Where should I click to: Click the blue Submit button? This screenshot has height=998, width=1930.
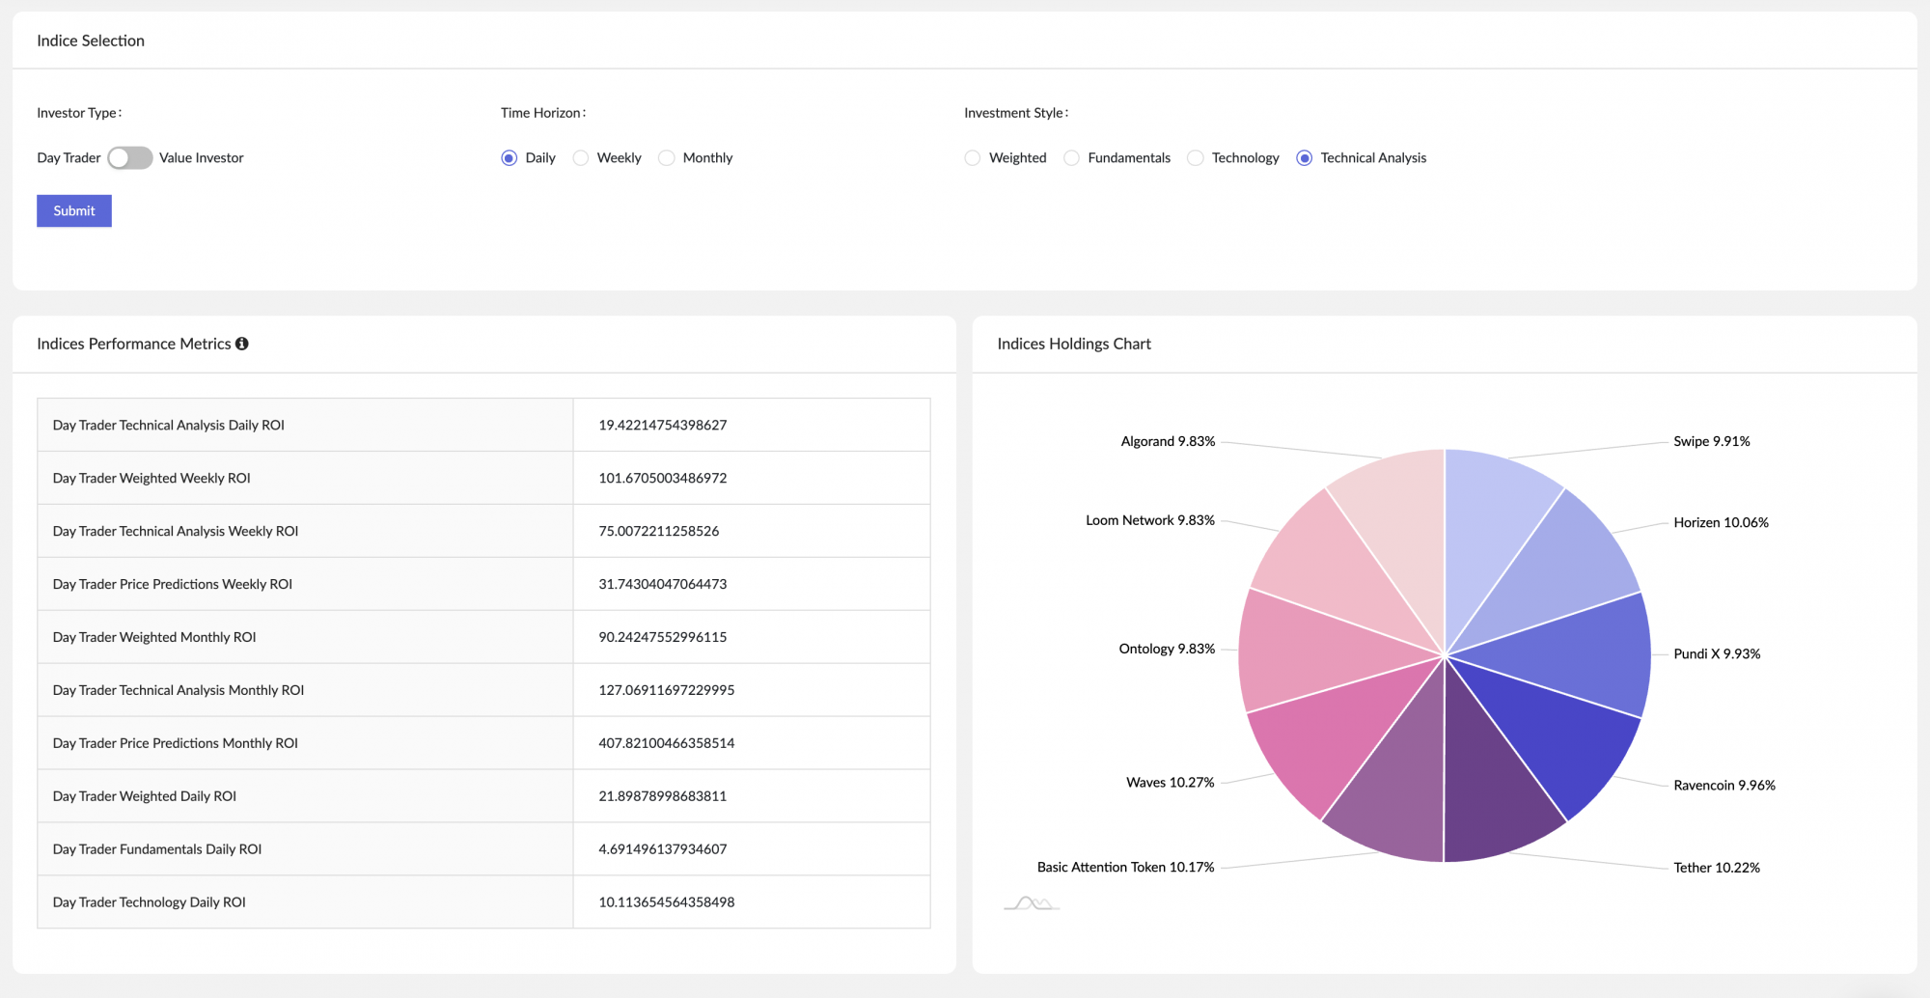74,210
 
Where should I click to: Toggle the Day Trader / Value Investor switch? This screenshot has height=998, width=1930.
129,157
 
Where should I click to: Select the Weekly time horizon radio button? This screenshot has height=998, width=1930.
581,157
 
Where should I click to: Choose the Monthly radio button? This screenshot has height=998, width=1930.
667,157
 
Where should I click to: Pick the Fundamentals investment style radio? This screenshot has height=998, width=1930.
1071,157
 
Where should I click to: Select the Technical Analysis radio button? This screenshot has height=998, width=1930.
1304,157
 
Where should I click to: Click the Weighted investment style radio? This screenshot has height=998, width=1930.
972,157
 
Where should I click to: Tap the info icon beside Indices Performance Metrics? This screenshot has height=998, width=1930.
242,344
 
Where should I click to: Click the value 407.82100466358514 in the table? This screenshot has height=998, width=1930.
666,743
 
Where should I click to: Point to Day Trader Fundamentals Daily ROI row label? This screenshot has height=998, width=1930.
157,849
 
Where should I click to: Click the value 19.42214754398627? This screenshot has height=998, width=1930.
662,425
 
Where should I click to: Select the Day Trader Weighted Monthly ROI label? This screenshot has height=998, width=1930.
154,637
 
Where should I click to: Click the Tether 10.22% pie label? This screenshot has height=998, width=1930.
1716,868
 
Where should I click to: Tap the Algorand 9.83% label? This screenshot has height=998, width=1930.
1168,441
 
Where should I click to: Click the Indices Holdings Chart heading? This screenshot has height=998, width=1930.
1073,344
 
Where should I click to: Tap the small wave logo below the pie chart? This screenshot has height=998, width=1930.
1032,903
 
